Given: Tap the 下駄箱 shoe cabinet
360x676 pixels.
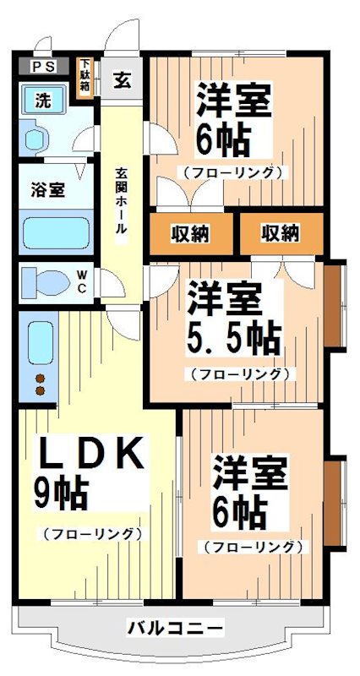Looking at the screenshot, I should [x=85, y=79].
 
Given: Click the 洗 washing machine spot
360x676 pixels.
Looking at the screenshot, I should [x=41, y=99].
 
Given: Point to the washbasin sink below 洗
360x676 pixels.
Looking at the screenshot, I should [x=37, y=134].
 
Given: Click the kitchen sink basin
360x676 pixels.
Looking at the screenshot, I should [x=40, y=341].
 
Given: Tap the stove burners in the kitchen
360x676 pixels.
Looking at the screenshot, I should [x=39, y=384].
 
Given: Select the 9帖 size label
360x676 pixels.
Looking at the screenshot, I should [x=63, y=493].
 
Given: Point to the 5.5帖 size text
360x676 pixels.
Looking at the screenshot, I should [x=233, y=338].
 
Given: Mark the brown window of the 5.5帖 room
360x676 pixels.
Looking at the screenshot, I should [x=335, y=306].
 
